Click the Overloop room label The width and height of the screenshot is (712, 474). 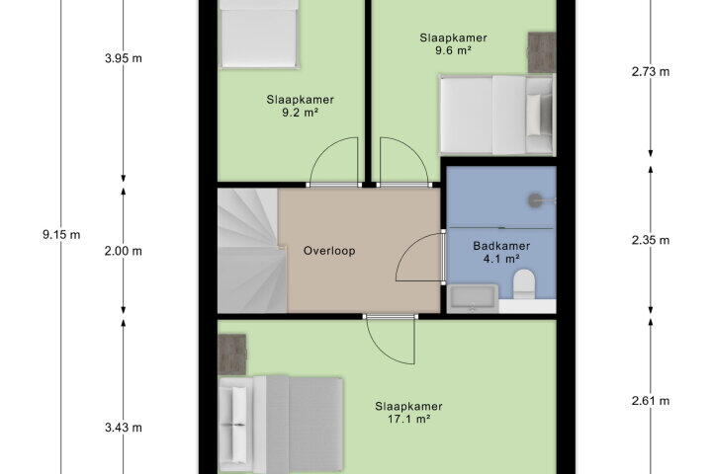pos(329,251)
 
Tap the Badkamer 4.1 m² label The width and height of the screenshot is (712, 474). pos(501,252)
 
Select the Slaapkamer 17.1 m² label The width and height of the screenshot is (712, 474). pos(408,413)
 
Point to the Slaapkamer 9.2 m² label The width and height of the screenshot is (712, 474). pos(301,106)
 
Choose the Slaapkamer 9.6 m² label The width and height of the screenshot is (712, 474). pos(453,44)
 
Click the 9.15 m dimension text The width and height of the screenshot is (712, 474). pos(61,234)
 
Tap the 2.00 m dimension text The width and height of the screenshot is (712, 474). pos(123,251)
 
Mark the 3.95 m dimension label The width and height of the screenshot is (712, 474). pos(123,58)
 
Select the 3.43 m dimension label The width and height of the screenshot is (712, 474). pos(123,428)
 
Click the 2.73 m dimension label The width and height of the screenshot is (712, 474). pos(651,72)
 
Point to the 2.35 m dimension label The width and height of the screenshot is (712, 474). pos(651,240)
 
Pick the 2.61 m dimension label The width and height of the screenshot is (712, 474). pos(651,401)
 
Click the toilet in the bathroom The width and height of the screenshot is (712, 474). pos(523,284)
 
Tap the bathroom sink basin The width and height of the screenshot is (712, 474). pos(473,298)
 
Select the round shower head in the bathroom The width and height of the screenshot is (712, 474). pos(536,200)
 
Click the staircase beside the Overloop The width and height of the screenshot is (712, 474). pos(252,251)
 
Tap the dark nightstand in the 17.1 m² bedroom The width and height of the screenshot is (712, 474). pos(232,355)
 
